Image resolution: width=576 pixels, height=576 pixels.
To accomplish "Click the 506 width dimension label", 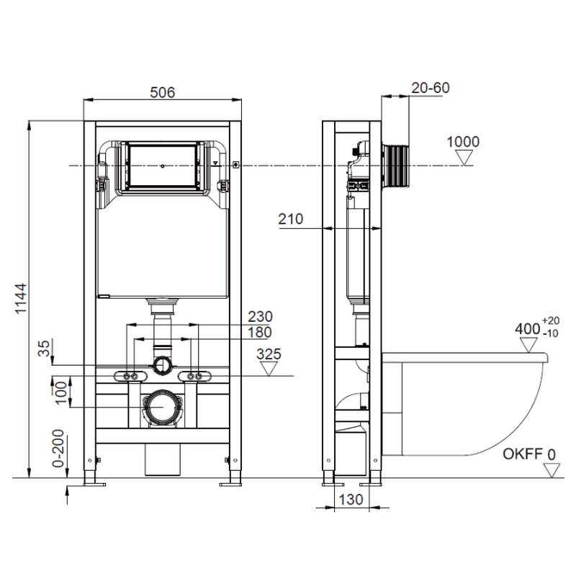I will [x=163, y=92].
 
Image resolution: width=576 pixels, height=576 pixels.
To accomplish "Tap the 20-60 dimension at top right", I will [x=431, y=88].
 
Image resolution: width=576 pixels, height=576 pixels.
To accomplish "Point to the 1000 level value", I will [x=463, y=142].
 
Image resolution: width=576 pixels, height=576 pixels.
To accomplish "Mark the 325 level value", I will [x=268, y=354].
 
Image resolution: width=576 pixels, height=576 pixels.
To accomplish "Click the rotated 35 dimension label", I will [x=45, y=348].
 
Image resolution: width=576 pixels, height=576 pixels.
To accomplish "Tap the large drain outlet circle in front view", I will [x=162, y=408].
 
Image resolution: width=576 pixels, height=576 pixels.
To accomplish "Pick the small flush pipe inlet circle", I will [x=163, y=364].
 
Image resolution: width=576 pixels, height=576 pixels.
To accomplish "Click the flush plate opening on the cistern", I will [x=163, y=166].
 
